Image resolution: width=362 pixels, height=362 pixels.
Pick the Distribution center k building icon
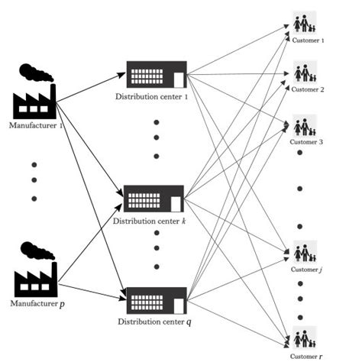click(x=154, y=199)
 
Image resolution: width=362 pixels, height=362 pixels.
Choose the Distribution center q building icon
click(x=157, y=301)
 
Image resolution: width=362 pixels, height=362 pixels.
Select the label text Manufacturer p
click(x=35, y=304)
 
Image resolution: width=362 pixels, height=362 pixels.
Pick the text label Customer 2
click(x=307, y=90)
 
